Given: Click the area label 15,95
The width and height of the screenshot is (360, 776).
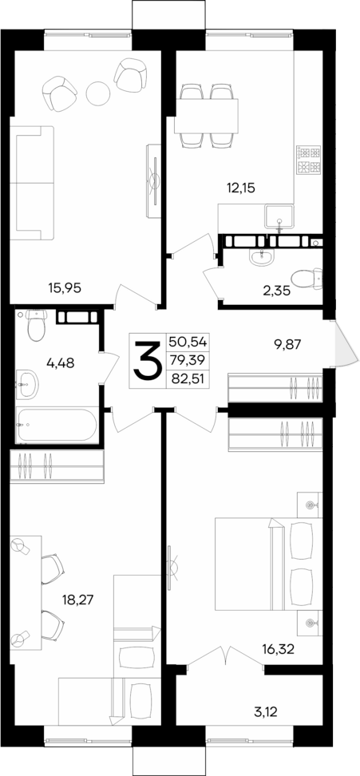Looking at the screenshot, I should [x=65, y=286].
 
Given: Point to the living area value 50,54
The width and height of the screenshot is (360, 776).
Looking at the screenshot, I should [x=188, y=342].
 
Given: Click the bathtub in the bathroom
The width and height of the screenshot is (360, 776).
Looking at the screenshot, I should [x=55, y=422].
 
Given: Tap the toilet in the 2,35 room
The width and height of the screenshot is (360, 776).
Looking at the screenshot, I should [x=307, y=278].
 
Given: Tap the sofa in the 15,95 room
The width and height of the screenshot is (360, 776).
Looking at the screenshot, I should [x=31, y=182].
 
